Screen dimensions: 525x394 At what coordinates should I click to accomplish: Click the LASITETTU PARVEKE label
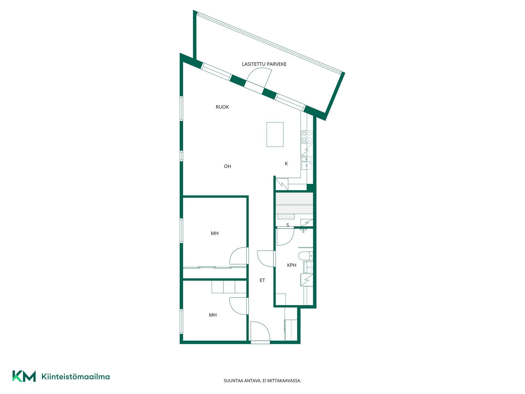pyautogui.click(x=264, y=64)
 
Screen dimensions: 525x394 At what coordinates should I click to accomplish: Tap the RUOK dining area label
pyautogui.click(x=222, y=107)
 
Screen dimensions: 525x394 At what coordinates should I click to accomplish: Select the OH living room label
pyautogui.click(x=227, y=166)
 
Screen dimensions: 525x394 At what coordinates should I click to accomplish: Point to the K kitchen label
pyautogui.click(x=286, y=164)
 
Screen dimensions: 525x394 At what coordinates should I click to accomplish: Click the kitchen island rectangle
pyautogui.click(x=275, y=134)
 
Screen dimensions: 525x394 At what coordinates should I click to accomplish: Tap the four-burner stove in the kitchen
pyautogui.click(x=307, y=137)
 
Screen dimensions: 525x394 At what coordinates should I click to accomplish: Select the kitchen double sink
pyautogui.click(x=307, y=163)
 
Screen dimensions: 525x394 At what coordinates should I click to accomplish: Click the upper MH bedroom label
pyautogui.click(x=215, y=233)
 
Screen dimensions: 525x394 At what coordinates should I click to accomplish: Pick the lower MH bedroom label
pyautogui.click(x=213, y=315)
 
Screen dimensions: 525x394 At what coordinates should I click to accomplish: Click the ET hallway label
pyautogui.click(x=262, y=280)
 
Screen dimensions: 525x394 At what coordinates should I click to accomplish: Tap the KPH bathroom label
pyautogui.click(x=292, y=265)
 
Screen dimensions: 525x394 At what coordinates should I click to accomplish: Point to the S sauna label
pyautogui.click(x=288, y=225)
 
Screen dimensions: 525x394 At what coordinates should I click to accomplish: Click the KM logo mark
pyautogui.click(x=24, y=376)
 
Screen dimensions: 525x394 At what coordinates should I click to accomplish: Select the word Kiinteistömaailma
pyautogui.click(x=75, y=377)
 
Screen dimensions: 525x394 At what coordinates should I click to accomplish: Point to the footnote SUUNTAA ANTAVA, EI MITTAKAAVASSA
pyautogui.click(x=262, y=381)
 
